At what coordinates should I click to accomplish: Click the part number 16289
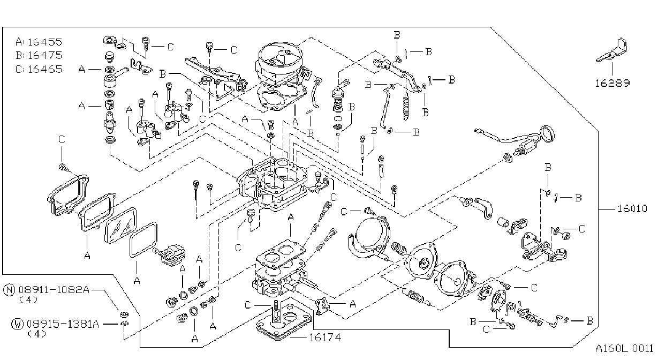(x=612, y=83)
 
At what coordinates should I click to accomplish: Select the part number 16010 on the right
(x=632, y=208)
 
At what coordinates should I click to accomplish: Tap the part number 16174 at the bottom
(x=325, y=337)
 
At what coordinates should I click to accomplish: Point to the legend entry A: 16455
(x=39, y=42)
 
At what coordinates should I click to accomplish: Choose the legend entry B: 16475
(x=39, y=55)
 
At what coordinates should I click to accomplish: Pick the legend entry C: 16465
(x=39, y=69)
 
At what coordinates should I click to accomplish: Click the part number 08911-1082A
(x=54, y=290)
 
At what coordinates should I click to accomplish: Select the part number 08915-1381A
(x=63, y=324)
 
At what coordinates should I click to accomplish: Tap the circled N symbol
(x=9, y=290)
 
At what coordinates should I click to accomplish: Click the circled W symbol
(x=17, y=324)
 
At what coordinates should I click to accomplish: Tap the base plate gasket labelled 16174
(x=283, y=322)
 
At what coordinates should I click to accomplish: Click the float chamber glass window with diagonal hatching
(x=121, y=226)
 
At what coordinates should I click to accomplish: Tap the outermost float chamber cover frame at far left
(x=68, y=195)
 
